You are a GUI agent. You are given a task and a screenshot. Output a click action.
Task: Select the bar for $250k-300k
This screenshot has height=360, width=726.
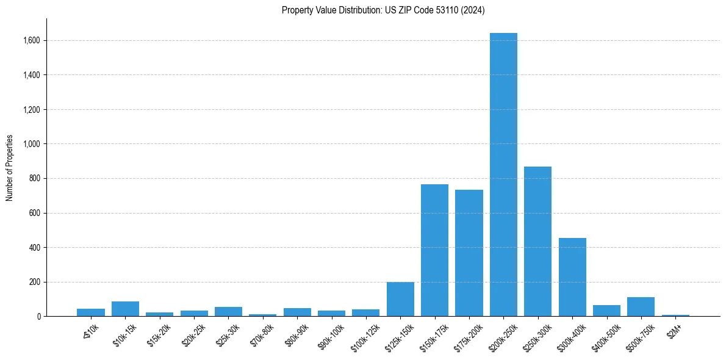[x=537, y=242]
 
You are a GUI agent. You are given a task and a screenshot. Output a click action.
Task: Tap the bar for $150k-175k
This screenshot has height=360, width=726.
[x=434, y=250]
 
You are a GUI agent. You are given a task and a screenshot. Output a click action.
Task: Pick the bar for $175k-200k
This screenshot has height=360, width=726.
[x=469, y=253]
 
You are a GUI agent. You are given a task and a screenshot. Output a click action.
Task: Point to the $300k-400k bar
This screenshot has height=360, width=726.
[x=572, y=277]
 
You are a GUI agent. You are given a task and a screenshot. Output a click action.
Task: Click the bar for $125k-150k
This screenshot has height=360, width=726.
[x=400, y=299]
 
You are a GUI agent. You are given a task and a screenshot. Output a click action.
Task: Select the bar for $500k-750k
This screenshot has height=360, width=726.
[x=641, y=307]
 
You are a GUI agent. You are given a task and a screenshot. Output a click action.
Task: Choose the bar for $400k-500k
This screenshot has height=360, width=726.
[x=606, y=311]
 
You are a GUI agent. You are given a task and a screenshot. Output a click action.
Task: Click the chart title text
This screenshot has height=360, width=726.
[x=383, y=10]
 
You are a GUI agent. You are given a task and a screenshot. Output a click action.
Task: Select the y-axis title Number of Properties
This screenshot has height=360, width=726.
[x=10, y=168]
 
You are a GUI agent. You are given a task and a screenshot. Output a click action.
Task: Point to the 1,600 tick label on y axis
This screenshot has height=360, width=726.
[x=31, y=41]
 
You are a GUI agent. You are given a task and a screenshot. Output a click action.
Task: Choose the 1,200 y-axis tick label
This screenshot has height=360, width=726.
[x=31, y=110]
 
